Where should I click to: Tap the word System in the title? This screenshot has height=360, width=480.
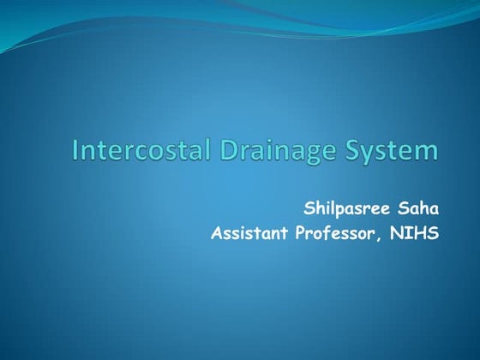point(391,152)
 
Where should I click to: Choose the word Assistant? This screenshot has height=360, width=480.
point(249,232)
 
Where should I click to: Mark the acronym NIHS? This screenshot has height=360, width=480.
point(416,232)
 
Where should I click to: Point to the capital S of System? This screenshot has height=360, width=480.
point(351,151)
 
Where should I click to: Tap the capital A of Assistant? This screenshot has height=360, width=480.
point(215,232)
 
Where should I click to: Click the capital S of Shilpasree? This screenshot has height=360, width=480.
point(308,208)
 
